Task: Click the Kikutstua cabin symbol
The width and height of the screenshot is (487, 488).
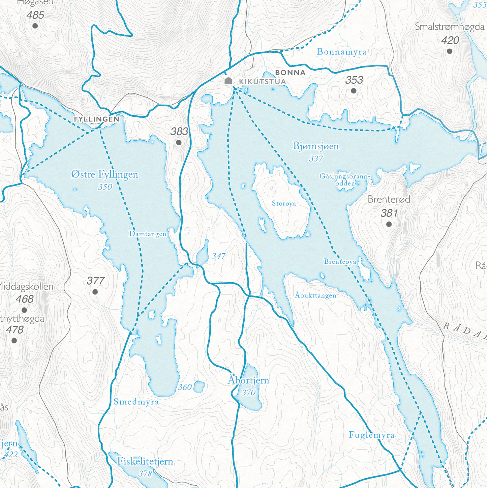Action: click(229, 81)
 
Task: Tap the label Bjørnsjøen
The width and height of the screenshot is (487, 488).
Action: click(315, 146)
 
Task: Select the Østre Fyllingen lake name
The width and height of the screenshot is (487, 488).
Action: click(105, 174)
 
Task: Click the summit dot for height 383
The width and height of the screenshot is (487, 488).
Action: click(179, 143)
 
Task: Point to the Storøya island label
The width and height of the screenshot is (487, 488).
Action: click(284, 203)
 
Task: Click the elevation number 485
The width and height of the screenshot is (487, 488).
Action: click(35, 15)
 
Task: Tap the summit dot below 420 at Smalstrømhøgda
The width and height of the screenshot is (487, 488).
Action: click(450, 51)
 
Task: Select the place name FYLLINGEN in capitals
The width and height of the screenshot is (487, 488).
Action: click(97, 119)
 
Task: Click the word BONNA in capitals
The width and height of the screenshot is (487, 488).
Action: click(290, 73)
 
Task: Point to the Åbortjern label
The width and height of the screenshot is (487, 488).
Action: click(248, 380)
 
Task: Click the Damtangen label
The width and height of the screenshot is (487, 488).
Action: click(148, 234)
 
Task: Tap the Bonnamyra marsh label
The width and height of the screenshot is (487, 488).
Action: click(342, 52)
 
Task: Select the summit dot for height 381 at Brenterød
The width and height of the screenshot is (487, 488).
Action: click(389, 224)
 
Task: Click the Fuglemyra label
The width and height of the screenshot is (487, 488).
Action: click(372, 435)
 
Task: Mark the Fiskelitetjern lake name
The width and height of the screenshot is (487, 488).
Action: click(145, 461)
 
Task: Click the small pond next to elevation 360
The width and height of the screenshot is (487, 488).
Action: click(200, 387)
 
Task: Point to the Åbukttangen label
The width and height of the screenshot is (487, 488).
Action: click(315, 295)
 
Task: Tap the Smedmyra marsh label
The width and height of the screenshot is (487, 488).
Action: click(136, 402)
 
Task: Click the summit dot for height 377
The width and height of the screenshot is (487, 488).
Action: click(95, 292)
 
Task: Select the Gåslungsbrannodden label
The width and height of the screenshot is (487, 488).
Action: click(345, 180)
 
